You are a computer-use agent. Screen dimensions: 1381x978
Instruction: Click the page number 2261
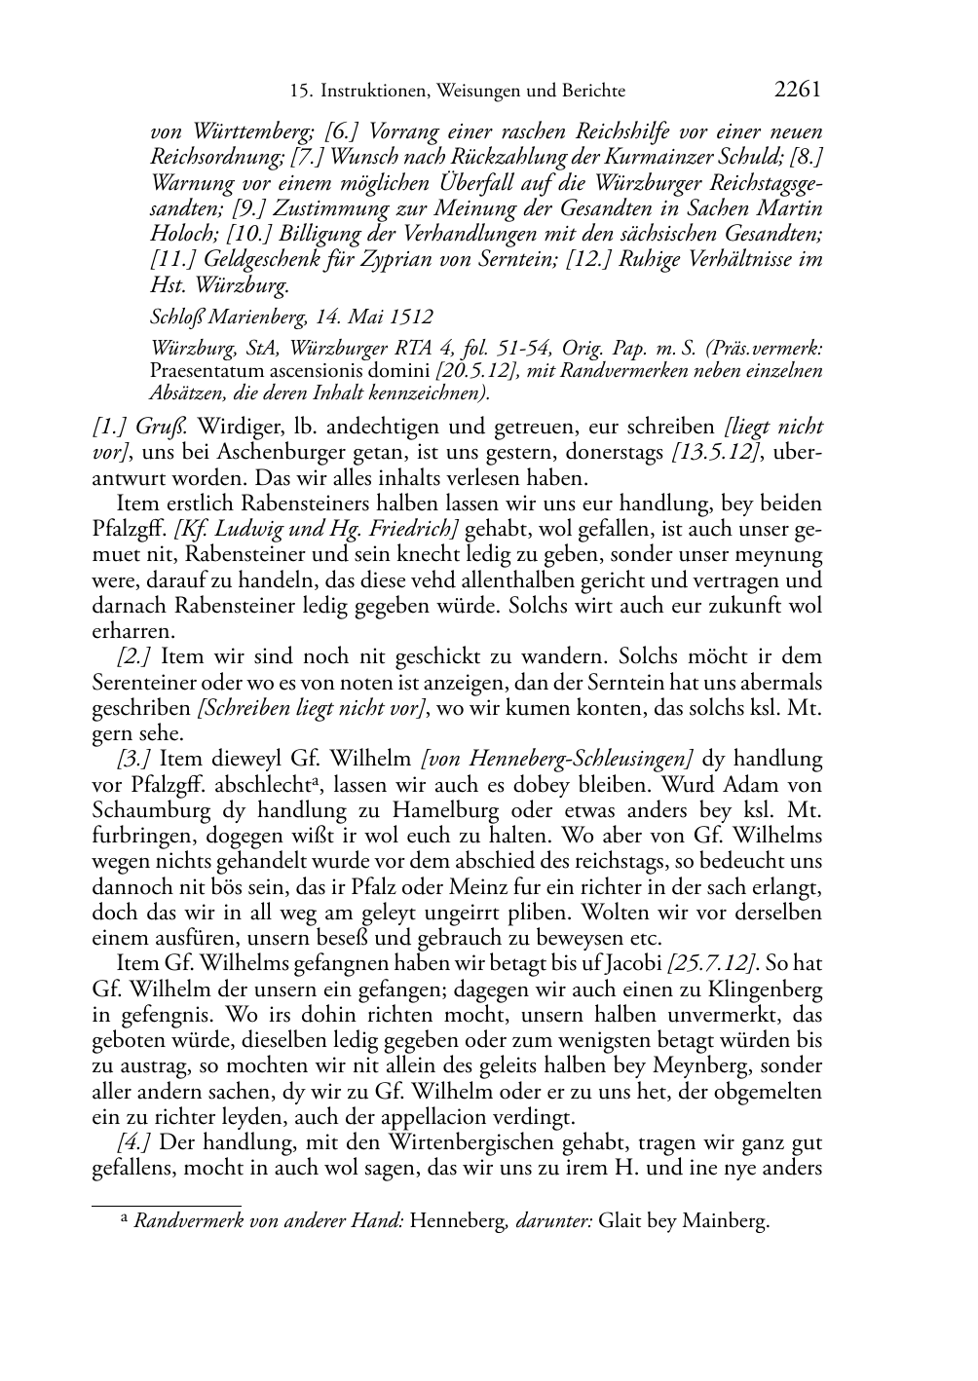[797, 91]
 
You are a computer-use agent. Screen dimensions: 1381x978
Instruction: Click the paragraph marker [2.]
[134, 657]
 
